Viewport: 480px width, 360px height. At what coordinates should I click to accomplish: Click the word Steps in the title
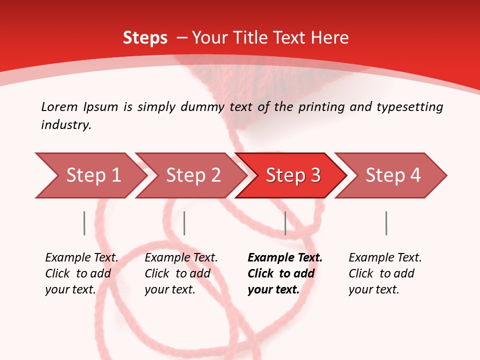(x=145, y=37)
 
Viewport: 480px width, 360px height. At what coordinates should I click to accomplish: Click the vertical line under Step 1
(x=84, y=223)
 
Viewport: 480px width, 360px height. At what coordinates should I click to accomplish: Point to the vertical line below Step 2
(x=184, y=223)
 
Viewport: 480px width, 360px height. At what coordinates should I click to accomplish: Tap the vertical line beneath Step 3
(x=285, y=223)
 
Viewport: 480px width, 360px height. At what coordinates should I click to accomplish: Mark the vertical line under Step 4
(x=386, y=223)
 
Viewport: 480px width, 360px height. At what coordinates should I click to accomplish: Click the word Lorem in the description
(x=59, y=106)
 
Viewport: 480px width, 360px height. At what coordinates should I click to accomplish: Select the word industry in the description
(x=66, y=125)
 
